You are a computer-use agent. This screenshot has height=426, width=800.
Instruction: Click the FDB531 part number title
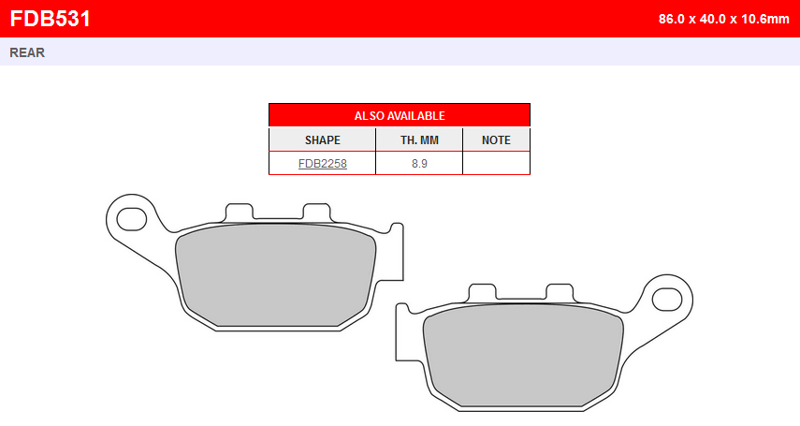tap(50, 19)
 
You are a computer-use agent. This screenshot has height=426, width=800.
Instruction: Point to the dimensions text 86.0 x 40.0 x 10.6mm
tap(723, 19)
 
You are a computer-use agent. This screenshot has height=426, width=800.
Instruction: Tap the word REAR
tap(27, 52)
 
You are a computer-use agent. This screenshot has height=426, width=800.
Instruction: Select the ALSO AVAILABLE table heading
tap(400, 116)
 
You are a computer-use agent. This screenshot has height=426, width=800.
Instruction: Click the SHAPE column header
tap(323, 140)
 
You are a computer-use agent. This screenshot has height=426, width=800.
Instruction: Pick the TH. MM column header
tap(419, 140)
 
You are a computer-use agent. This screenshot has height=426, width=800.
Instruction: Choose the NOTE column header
tap(497, 140)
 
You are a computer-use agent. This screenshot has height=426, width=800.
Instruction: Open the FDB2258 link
tap(323, 164)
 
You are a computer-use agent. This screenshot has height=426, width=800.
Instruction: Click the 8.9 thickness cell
tap(419, 164)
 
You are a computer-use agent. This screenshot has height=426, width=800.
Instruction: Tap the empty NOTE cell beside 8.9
tap(497, 164)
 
